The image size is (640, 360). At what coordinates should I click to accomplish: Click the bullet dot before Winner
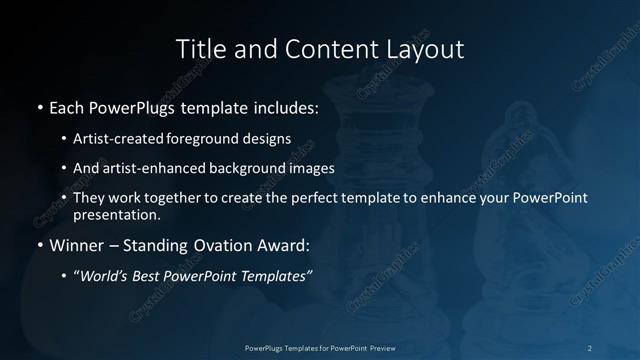(39, 244)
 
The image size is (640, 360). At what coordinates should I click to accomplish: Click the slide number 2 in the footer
(590, 347)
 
